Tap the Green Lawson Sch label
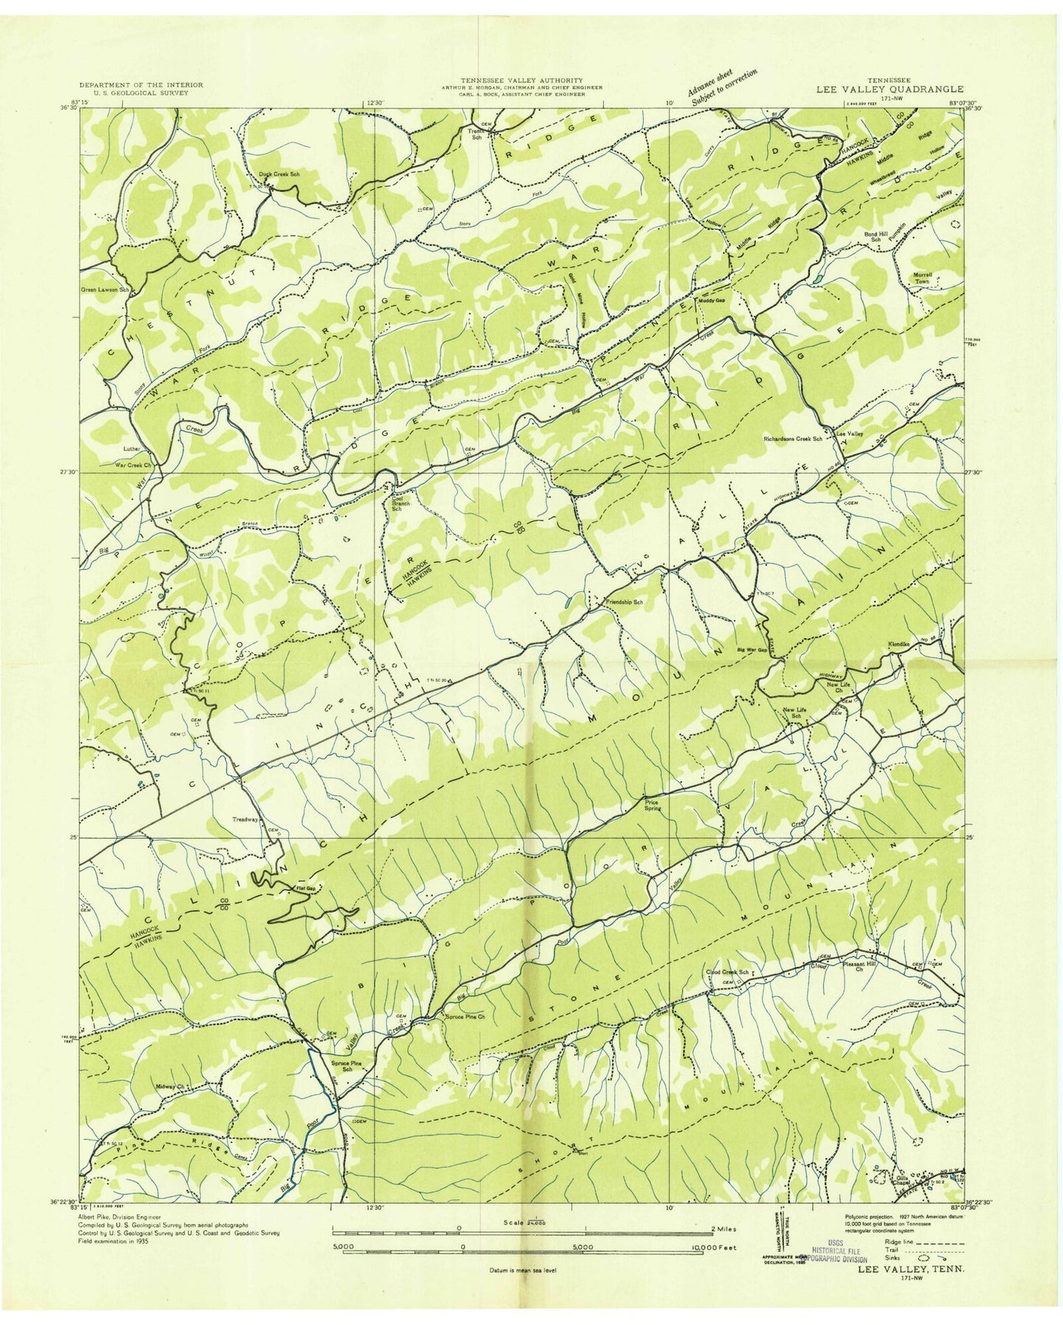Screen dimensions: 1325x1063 click(105, 290)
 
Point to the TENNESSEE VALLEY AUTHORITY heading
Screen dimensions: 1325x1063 click(522, 79)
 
